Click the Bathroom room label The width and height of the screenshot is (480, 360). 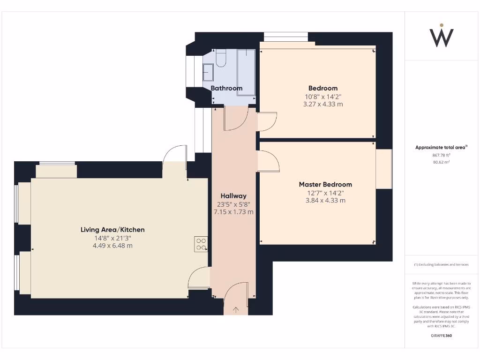[226, 88]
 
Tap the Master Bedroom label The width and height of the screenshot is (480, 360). [325, 184]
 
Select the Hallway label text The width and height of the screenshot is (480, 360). [233, 196]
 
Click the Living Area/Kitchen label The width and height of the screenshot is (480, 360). [112, 230]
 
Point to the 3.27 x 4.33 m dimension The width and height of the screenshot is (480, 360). [323, 104]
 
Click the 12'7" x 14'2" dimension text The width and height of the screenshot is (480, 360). [323, 192]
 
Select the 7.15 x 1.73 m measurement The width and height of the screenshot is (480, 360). [233, 212]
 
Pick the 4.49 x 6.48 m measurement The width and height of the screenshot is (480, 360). [112, 246]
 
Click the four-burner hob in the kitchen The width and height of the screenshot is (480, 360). [201, 244]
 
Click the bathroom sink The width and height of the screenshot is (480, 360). [208, 73]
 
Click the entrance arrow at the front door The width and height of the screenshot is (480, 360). [235, 309]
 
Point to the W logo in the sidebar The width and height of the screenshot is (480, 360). [442, 36]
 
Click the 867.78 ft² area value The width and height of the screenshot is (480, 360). [441, 155]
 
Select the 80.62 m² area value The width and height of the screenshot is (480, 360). [441, 162]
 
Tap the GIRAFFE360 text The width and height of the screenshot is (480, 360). [441, 336]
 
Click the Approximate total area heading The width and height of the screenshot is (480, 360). [441, 147]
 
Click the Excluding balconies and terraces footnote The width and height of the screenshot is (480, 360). [441, 265]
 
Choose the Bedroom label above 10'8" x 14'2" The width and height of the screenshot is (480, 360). [322, 88]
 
